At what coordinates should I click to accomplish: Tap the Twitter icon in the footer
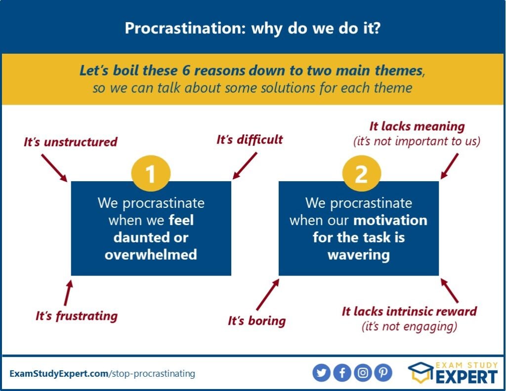(321, 373)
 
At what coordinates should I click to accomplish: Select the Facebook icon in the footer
(342, 373)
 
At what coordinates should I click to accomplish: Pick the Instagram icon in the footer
(363, 373)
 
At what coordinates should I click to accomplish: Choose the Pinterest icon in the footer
(383, 373)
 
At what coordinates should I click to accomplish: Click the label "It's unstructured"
(70, 142)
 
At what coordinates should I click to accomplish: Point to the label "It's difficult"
(250, 140)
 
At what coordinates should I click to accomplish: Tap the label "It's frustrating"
(77, 316)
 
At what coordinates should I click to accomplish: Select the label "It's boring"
(256, 321)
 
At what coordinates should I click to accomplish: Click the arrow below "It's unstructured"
(54, 168)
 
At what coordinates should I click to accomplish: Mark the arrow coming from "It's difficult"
(245, 166)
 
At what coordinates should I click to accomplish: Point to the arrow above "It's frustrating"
(68, 292)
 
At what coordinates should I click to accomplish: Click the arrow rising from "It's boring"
(267, 295)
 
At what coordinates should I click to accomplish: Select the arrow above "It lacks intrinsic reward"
(449, 291)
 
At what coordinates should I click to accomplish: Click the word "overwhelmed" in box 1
(151, 255)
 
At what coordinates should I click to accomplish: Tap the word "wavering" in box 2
(359, 255)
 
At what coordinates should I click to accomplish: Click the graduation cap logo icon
(421, 372)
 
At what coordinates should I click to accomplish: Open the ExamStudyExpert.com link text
(59, 374)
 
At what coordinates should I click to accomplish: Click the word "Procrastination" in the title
(183, 28)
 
